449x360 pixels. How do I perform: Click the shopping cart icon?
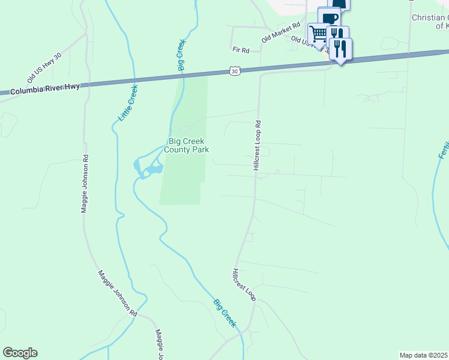[318, 32]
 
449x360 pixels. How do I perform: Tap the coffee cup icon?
[328, 17]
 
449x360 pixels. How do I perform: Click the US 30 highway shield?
[235, 71]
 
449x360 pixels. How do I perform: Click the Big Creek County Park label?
[187, 146]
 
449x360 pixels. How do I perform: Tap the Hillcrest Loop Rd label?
[258, 146]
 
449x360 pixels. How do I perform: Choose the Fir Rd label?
[241, 50]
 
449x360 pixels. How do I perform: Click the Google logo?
[20, 353]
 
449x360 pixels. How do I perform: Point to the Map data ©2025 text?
[423, 355]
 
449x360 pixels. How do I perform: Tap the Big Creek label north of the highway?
[181, 56]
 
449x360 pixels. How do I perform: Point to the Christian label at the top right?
[430, 18]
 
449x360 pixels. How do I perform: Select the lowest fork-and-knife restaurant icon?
[341, 48]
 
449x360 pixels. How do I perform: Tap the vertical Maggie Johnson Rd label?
[85, 185]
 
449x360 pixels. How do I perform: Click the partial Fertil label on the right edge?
[444, 147]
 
